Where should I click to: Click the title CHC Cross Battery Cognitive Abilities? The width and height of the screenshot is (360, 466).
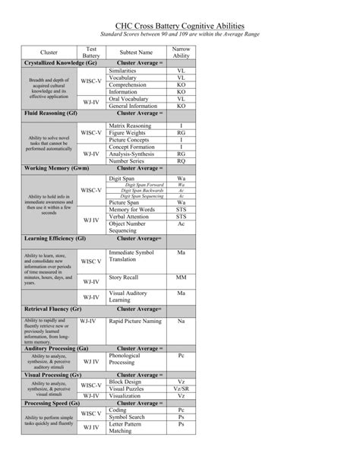coord(179,24)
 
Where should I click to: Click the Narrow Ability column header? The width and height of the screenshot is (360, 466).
coord(181,52)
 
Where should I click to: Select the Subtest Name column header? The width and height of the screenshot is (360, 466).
coord(136,52)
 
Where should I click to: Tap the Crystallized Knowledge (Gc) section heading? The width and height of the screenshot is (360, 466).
coord(60,62)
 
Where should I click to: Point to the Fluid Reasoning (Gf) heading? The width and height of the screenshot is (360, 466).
coord(51,113)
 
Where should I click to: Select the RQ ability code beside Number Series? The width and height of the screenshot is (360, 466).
coord(181,161)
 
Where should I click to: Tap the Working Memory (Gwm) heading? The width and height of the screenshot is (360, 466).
coord(56,168)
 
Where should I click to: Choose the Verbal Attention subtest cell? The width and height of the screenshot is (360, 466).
coord(131,217)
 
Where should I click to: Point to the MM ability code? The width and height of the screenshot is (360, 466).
coord(181,277)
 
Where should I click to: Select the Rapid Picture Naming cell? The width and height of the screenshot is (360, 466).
coord(135,321)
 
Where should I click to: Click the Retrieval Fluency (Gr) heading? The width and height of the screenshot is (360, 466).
coord(53,310)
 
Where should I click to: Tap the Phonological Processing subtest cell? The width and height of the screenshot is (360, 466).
coord(125,359)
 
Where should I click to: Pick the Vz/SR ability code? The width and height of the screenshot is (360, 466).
coord(181,388)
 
